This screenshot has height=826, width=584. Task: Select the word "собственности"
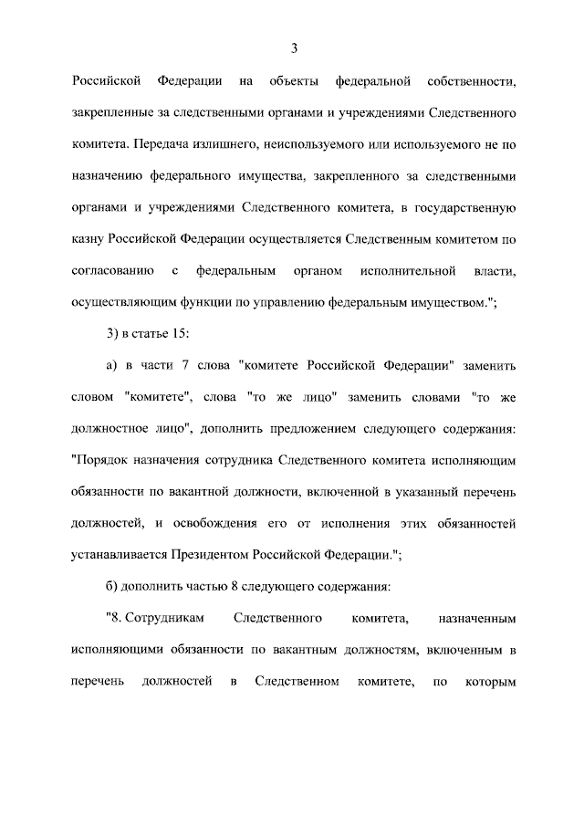coord(471,83)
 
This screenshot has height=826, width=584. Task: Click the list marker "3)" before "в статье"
coord(113,334)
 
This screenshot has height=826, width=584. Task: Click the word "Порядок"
coord(101,460)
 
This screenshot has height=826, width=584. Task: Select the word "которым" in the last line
coord(491,681)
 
